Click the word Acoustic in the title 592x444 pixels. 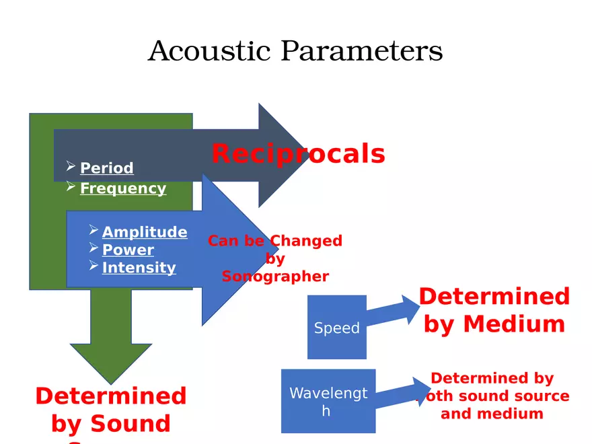(x=209, y=51)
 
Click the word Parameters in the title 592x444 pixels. (x=361, y=51)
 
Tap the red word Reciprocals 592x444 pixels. (x=298, y=154)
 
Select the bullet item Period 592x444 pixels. (x=106, y=168)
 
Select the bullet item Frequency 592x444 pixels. (x=122, y=188)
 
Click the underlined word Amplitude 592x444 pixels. (x=144, y=232)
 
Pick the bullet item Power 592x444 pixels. (x=128, y=250)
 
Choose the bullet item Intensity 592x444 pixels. (x=139, y=268)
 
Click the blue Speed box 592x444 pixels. (x=336, y=327)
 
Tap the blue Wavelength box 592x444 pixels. (x=328, y=401)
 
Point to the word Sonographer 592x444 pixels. (x=275, y=276)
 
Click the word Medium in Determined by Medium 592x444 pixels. (x=514, y=324)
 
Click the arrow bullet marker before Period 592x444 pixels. (x=71, y=165)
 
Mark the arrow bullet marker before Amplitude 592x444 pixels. (x=94, y=230)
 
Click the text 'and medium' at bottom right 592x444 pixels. (x=492, y=414)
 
